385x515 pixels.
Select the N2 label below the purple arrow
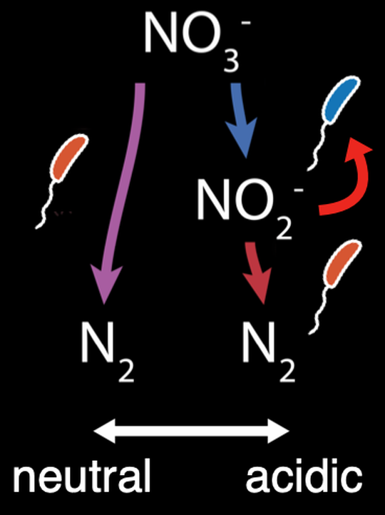point(108,352)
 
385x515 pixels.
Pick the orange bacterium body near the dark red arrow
point(343,264)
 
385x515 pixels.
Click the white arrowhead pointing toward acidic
point(278,431)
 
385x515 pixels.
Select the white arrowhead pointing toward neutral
point(104,431)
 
